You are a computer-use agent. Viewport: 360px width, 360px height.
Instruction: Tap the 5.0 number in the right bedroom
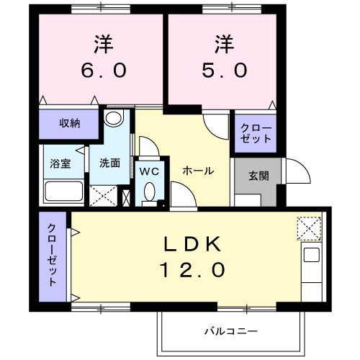[225, 70]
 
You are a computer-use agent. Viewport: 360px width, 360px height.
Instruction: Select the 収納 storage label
[69, 123]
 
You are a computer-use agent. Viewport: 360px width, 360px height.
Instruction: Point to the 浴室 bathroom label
[60, 163]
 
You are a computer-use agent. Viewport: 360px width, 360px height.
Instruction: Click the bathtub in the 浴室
[63, 192]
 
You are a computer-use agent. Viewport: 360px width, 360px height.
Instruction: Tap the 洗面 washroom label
[109, 163]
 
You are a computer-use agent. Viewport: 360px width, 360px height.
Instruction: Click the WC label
[149, 171]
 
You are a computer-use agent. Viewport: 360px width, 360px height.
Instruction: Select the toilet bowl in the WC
[149, 192]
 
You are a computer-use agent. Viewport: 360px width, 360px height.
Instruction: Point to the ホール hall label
[197, 171]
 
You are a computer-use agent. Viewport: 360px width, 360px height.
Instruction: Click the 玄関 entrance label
[258, 175]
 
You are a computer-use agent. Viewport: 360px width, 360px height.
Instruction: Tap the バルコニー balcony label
[230, 331]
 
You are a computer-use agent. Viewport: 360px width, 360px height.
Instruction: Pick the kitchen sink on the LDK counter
[311, 255]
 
